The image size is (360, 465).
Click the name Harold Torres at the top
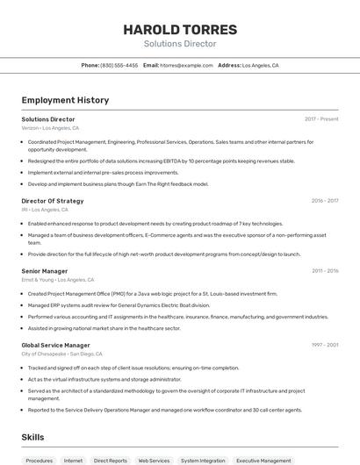coord(179,29)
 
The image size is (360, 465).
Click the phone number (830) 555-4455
coord(119,65)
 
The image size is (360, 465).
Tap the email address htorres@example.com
coord(186,65)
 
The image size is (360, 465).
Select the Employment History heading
coord(65,100)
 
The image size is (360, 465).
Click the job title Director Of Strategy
coord(53,201)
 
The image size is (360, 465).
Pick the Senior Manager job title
coord(45,271)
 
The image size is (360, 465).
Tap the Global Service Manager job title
coord(55,346)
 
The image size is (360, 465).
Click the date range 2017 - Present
coord(321,119)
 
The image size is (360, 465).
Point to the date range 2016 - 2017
coord(325,201)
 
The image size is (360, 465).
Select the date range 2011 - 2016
coord(325,271)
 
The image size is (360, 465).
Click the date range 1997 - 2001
coord(325,346)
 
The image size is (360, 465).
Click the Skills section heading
coord(32,437)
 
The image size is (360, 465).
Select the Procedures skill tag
coord(39,460)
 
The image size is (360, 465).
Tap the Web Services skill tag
coord(154,460)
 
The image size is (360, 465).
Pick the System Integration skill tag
coord(203,460)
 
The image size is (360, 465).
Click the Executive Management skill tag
coord(263,460)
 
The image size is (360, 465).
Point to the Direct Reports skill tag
coord(111,460)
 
